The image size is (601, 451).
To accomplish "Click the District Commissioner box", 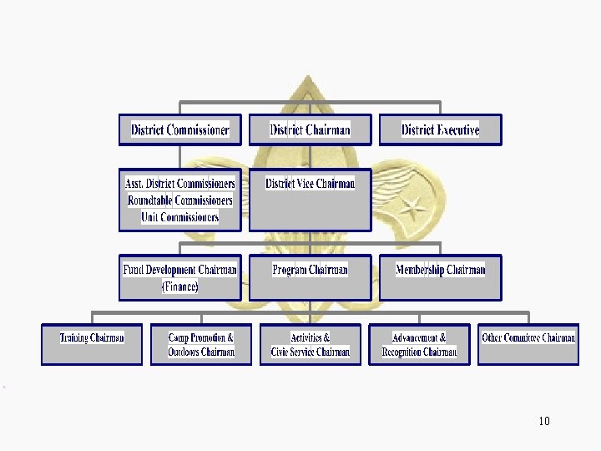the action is point(180,129).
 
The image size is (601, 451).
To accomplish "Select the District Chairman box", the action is point(310,129).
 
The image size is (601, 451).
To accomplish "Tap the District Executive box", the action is point(440,129).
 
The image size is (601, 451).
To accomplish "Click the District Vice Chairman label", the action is point(310,184).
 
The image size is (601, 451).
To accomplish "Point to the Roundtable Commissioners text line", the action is point(180,200).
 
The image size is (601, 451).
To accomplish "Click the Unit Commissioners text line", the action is point(180,217).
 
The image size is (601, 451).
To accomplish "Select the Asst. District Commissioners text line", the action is point(180,184).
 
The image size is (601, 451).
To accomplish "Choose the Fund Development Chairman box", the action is point(180,277).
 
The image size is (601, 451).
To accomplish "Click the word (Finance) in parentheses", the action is point(180,286).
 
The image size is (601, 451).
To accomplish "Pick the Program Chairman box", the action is point(310,277).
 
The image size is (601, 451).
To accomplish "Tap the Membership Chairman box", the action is point(440,277).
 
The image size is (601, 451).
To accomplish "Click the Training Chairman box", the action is point(92,344).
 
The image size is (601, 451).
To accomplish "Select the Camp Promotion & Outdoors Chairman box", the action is point(201,344).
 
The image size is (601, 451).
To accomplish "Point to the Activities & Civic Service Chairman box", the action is point(310,344).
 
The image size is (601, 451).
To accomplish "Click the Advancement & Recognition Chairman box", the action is point(419,344).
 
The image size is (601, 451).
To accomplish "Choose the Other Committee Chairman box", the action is point(528,344).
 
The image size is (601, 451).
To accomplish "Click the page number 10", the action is point(544,421).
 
